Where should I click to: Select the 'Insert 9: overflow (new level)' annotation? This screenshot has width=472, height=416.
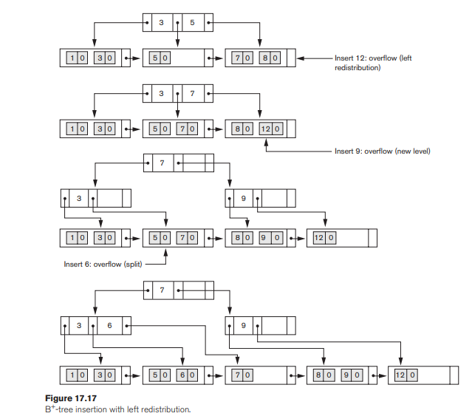382,151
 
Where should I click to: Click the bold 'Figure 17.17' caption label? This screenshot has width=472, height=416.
86,398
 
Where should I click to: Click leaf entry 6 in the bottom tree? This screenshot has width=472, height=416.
180,375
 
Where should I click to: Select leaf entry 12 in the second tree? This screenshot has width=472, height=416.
266,128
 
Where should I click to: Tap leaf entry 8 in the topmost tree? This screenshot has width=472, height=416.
266,57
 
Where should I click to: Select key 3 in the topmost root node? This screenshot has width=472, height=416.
160,22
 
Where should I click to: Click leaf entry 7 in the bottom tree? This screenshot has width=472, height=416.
239,375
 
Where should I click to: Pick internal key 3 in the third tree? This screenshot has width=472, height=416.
78,198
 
